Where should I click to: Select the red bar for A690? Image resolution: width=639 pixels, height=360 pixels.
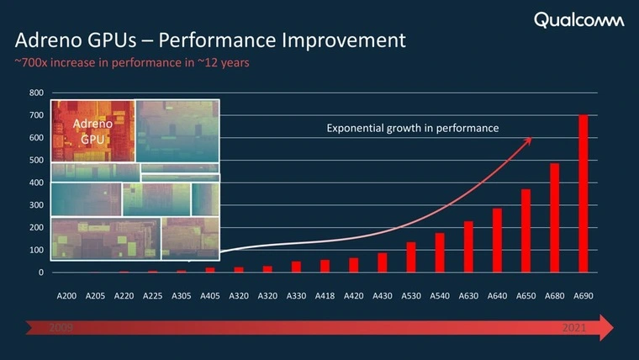(583, 193)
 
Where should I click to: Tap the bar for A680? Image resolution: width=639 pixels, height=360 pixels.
(554, 218)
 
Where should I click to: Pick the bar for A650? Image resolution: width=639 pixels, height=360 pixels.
(525, 230)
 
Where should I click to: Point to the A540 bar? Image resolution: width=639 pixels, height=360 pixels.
(440, 252)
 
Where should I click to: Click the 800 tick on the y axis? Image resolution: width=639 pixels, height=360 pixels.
(37, 93)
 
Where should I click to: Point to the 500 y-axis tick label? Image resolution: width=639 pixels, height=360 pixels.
(37, 160)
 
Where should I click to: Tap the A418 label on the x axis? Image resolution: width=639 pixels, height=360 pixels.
(325, 296)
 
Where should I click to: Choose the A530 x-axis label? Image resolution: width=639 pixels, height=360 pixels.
(411, 296)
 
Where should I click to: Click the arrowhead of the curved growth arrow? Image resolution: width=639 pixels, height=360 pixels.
(528, 140)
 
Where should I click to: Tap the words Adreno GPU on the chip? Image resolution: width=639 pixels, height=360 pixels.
(93, 130)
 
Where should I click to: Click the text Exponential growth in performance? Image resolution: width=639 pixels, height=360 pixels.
(413, 129)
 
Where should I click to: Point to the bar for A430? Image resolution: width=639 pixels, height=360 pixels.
(383, 262)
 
